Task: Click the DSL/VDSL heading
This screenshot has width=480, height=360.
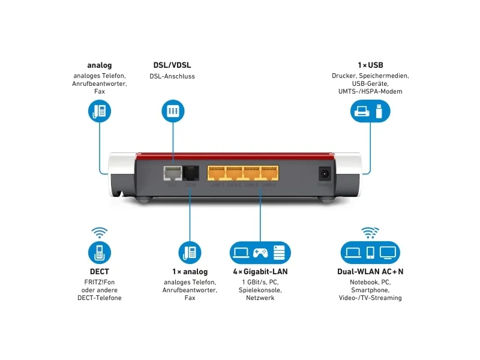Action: [172, 65]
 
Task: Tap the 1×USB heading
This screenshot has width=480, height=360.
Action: [370, 65]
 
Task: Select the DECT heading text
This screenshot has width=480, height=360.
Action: [100, 272]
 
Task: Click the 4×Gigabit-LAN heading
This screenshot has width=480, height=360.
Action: [260, 272]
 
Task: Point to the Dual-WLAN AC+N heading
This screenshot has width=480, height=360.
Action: [370, 272]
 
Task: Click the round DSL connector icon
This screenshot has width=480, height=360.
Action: [172, 112]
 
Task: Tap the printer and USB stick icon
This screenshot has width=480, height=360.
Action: [370, 112]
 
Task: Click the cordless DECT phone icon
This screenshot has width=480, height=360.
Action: [100, 251]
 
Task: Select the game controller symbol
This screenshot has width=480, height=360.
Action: [260, 252]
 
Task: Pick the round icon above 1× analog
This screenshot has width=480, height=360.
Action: [190, 251]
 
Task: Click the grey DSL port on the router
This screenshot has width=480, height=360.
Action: [173, 173]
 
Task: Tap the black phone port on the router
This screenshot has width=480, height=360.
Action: [190, 173]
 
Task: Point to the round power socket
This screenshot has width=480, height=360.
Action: [325, 173]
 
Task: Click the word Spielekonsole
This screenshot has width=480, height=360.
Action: [260, 290]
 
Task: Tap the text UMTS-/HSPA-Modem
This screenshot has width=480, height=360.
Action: [370, 91]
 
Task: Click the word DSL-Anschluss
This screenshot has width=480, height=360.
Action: [172, 76]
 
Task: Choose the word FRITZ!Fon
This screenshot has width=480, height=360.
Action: [100, 282]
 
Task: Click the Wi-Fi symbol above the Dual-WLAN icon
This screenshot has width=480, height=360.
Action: [370, 233]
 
